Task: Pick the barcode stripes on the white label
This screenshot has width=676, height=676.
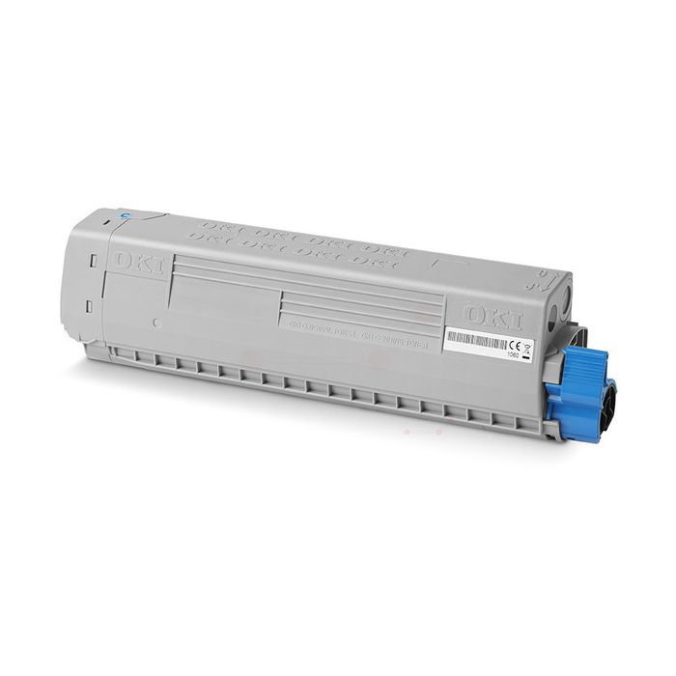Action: pos(472,340)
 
